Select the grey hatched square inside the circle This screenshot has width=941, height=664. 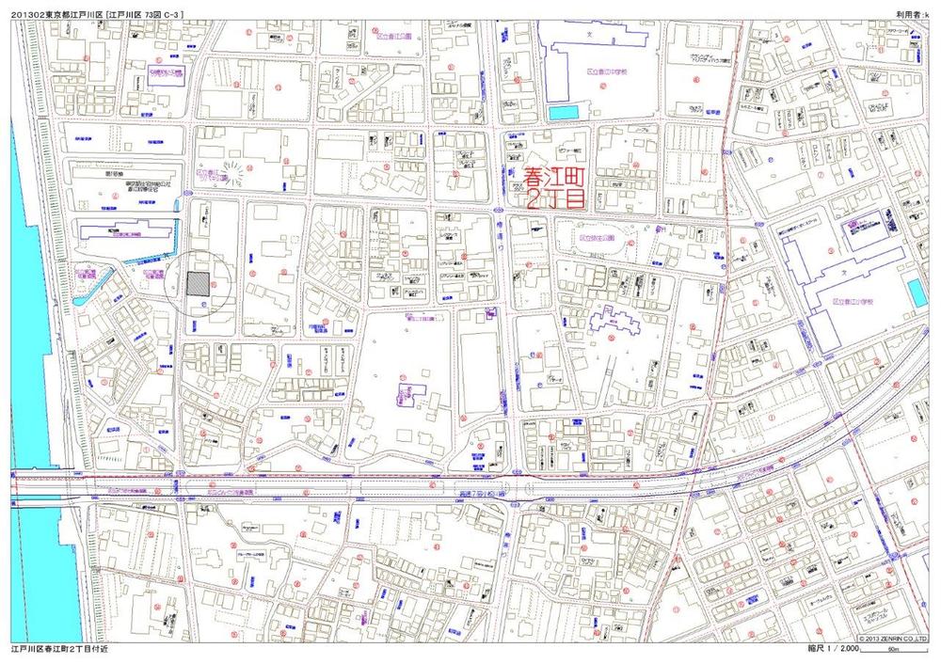point(197,283)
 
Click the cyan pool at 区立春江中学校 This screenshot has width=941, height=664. point(562,113)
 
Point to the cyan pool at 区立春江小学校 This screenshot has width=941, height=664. point(917,292)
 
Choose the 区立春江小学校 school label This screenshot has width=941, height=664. point(853,303)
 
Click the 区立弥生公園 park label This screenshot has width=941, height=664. point(594,239)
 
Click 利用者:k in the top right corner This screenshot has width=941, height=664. point(911,14)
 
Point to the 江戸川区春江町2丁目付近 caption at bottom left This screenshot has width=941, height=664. point(61,650)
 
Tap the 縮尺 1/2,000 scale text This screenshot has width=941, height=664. point(833,650)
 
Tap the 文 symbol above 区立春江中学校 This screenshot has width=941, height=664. point(591,35)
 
